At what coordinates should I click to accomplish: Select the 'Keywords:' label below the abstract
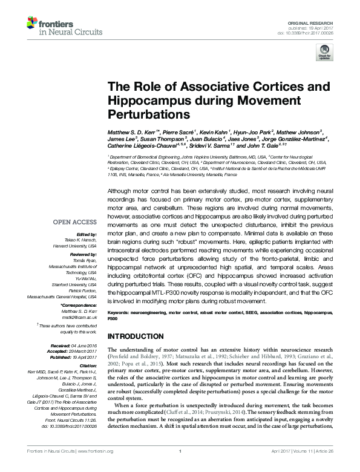[x=120, y=312]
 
